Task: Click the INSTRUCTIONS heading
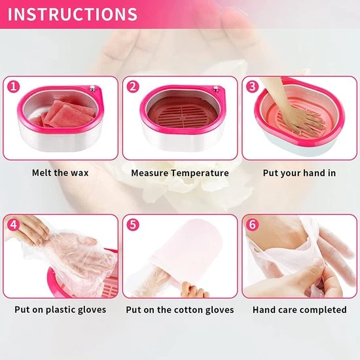point(73,14)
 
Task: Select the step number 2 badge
point(133,86)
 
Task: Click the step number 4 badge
point(12,225)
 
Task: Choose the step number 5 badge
point(133,225)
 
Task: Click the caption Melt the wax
point(60,173)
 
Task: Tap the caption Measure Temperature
point(180,173)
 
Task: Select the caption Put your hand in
point(300,173)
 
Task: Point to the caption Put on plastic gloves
point(60,310)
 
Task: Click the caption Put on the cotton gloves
point(180,310)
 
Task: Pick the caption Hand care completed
point(300,310)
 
